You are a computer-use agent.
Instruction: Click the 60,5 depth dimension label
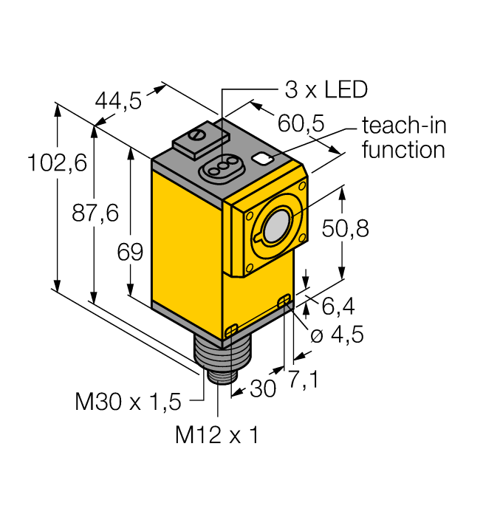[x=301, y=123]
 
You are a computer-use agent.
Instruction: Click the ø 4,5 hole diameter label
[x=337, y=335]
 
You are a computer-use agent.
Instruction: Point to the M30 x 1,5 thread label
[x=128, y=402]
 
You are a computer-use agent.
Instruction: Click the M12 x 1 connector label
[x=216, y=436]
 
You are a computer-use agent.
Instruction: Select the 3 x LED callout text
[x=326, y=90]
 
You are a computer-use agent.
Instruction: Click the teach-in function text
[x=403, y=137]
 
